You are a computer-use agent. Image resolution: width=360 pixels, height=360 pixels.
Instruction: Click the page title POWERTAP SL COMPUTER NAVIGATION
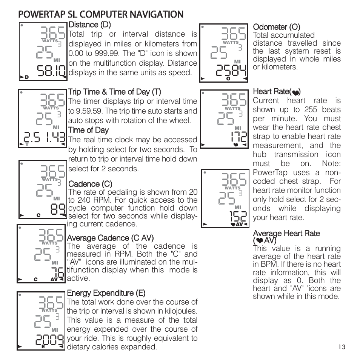(x=101, y=14)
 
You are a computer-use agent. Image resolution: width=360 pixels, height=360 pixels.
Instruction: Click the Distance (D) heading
(x=89, y=25)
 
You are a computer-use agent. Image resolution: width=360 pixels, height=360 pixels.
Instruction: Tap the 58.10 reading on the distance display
(x=51, y=71)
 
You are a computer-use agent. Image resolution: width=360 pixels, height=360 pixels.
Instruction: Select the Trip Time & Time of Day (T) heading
(x=114, y=92)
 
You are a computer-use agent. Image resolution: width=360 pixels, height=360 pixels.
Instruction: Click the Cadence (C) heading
(x=90, y=184)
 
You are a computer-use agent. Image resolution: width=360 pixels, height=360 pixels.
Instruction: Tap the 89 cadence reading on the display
(x=58, y=209)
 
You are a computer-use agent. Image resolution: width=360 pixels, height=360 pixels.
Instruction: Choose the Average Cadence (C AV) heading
(x=110, y=238)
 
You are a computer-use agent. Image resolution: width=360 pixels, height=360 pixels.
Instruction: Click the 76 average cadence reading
(x=57, y=272)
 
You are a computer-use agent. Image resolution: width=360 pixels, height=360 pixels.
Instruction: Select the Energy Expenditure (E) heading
(x=106, y=293)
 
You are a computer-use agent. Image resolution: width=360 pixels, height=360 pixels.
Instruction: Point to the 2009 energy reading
(x=49, y=340)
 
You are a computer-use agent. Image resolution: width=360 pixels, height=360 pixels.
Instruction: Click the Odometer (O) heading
(x=276, y=27)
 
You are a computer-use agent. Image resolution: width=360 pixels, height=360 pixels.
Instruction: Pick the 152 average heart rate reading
(x=238, y=216)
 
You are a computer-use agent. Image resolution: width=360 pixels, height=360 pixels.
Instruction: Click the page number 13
(x=342, y=348)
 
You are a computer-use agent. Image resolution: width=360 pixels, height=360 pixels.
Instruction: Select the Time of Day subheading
(x=88, y=131)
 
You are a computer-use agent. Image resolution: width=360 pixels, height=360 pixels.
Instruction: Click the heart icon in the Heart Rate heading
(x=295, y=92)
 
